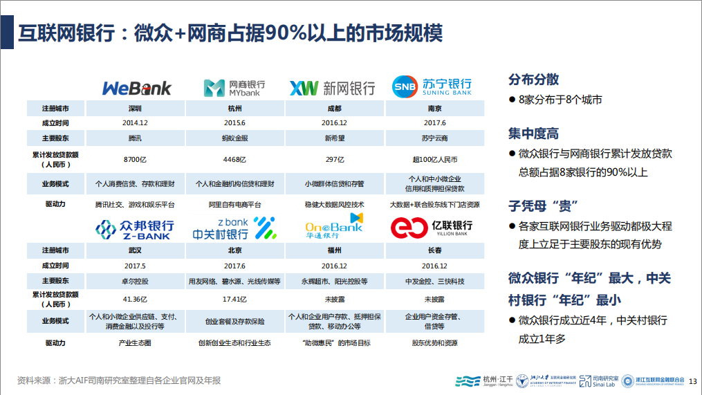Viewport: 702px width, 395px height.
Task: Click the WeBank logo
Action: (x=136, y=89)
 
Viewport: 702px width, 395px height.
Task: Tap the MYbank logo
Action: (x=234, y=89)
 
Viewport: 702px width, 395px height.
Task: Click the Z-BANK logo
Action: (x=135, y=229)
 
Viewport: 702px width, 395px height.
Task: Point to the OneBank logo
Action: (x=334, y=226)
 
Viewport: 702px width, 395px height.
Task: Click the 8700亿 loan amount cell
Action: (x=135, y=159)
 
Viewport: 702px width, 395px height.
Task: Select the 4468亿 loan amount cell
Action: (x=234, y=159)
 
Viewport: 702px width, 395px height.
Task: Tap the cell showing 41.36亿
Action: (x=135, y=299)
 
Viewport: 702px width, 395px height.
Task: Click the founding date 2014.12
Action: (x=135, y=122)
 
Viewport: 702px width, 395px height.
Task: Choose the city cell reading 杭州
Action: (x=234, y=109)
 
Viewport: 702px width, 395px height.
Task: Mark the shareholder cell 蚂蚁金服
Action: (x=234, y=138)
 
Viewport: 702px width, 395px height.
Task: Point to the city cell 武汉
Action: (x=135, y=250)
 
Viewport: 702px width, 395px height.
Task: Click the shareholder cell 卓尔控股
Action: (x=135, y=282)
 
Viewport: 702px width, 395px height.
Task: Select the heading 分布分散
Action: (x=533, y=80)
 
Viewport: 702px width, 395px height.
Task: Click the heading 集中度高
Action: (x=533, y=134)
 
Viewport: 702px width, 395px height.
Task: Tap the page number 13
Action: (x=692, y=381)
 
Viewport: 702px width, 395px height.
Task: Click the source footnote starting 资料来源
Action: (x=119, y=380)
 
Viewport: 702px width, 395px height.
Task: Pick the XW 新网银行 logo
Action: (x=332, y=89)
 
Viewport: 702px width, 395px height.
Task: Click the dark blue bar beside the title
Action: (x=7, y=33)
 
